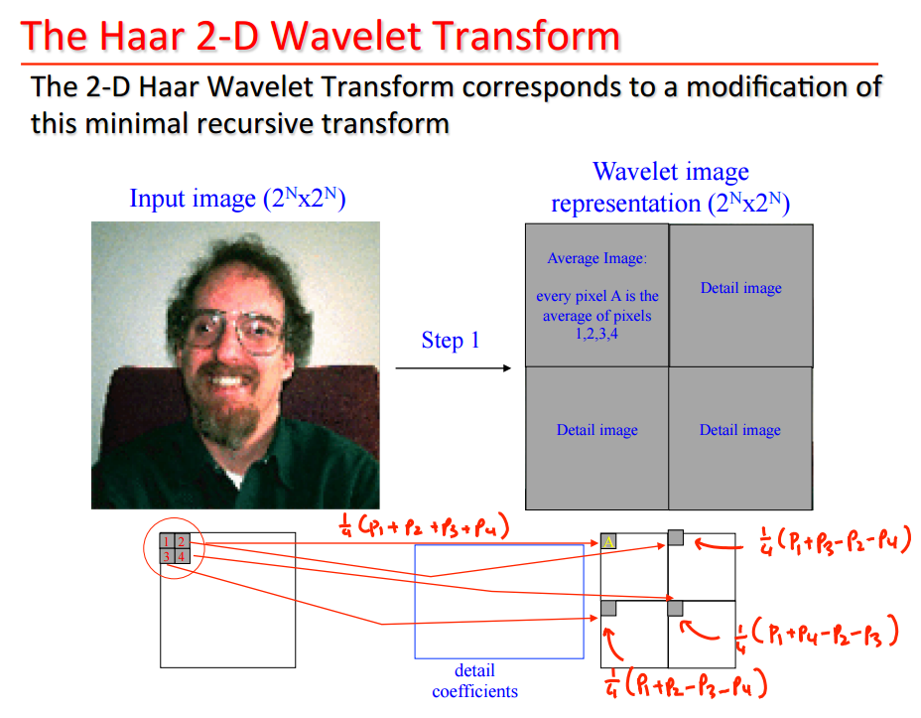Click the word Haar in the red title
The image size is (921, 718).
[142, 36]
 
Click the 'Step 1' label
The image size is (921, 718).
[451, 341]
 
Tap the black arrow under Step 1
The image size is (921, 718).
[453, 368]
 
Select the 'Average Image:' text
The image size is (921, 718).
[596, 258]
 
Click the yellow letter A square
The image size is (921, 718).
[608, 541]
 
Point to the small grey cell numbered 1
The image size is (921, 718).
[168, 541]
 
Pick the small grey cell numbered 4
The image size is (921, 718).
[182, 556]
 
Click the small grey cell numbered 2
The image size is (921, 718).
[182, 541]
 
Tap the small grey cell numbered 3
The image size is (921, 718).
[168, 556]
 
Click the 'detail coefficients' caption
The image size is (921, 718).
[474, 681]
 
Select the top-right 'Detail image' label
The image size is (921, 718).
[740, 288]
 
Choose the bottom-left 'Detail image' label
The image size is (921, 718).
[596, 430]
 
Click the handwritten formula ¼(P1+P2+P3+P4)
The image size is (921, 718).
[424, 526]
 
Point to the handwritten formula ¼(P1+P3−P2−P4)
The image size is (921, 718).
[835, 541]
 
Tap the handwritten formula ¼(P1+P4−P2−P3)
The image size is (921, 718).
[817, 634]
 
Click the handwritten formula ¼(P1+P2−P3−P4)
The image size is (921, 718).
[686, 683]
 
